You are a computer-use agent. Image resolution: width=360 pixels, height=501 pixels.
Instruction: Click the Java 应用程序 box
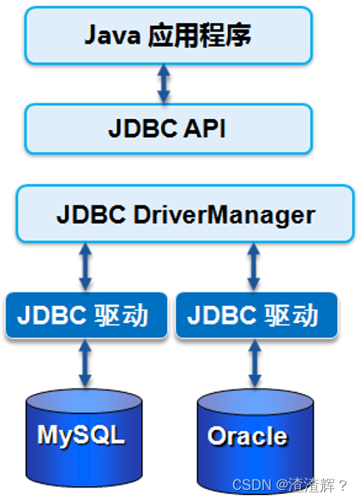click(168, 36)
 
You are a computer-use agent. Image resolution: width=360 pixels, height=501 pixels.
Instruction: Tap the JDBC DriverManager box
click(185, 214)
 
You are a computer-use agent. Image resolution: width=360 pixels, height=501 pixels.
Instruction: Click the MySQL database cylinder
click(81, 432)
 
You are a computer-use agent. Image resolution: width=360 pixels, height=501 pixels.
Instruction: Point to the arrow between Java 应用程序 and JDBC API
click(164, 82)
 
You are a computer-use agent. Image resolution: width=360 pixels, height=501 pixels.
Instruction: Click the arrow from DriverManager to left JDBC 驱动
click(84, 266)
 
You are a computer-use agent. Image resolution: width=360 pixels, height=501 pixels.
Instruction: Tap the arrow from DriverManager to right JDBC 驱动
click(254, 266)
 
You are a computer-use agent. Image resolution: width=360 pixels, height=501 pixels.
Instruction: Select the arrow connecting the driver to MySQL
click(84, 364)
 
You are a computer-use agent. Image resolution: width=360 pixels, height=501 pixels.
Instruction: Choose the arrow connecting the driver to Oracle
click(254, 364)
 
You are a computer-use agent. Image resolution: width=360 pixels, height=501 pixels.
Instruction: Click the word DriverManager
click(225, 214)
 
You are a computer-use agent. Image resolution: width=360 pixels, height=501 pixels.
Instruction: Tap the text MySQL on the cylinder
click(81, 434)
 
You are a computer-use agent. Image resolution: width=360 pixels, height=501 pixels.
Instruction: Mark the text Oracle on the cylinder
click(247, 437)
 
